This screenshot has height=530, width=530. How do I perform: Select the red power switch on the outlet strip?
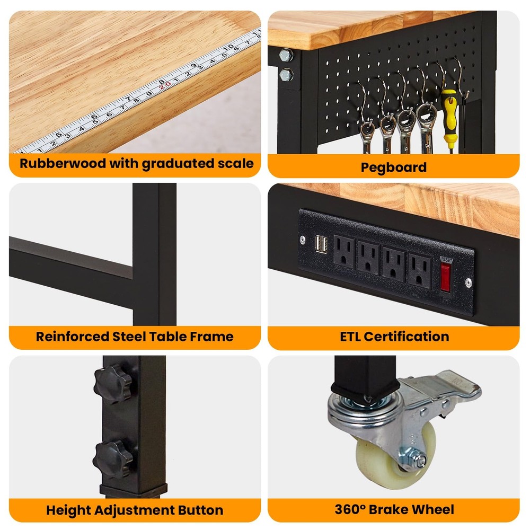tap(445, 275)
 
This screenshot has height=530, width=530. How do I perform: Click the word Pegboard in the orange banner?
tap(393, 167)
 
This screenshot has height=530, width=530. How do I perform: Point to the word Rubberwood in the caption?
tap(63, 163)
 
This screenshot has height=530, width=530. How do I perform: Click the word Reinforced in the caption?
tap(72, 337)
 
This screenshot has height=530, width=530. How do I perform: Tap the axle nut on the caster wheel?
tap(419, 461)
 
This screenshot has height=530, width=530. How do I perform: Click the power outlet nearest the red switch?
tap(419, 270)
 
